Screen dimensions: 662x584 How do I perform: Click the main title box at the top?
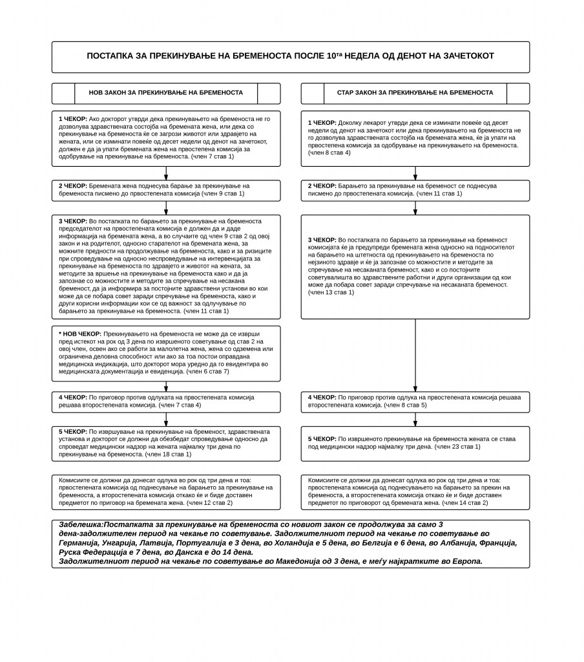click(290, 57)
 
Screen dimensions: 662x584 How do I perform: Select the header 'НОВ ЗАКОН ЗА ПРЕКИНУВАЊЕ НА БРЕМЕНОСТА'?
click(166, 93)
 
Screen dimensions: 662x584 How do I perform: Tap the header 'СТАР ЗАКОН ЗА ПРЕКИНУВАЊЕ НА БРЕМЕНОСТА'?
click(415, 93)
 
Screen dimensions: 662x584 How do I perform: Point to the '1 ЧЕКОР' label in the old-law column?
click(322, 122)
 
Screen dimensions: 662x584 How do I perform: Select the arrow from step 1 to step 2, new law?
click(166, 173)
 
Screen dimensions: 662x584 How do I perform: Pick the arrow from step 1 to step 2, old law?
click(415, 173)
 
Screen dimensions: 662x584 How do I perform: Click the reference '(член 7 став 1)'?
click(213, 156)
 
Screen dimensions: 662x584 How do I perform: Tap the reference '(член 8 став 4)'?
click(329, 153)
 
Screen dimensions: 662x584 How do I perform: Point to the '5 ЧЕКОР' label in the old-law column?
click(322, 438)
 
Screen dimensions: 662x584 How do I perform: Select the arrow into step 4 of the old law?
click(415, 384)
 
